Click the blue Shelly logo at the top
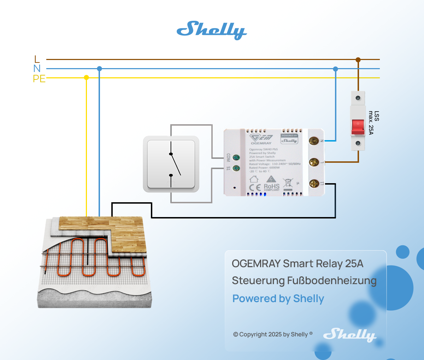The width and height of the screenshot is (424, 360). (x=212, y=30)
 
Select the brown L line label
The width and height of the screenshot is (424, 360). (x=37, y=59)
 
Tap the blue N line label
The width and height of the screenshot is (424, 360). (x=37, y=68)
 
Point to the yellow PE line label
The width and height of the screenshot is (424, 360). (x=39, y=78)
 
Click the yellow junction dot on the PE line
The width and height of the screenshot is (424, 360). (x=86, y=77)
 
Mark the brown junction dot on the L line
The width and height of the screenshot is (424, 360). (x=358, y=60)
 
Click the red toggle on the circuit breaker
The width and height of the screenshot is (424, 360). (x=358, y=127)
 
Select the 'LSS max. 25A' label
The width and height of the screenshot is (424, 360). (x=374, y=122)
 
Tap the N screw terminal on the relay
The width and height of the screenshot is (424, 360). (x=313, y=141)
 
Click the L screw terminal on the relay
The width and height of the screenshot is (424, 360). (x=314, y=162)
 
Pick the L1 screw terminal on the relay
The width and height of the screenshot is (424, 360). (x=314, y=184)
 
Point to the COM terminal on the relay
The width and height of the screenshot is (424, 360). (x=237, y=158)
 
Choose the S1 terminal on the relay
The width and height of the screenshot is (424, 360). (x=237, y=168)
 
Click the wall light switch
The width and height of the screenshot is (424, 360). (x=171, y=164)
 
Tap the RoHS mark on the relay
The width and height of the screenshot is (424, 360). (x=271, y=187)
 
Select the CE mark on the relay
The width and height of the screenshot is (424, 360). (x=255, y=187)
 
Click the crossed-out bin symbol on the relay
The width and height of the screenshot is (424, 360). (x=288, y=183)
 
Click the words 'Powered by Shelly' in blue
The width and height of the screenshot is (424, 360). (x=278, y=299)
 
